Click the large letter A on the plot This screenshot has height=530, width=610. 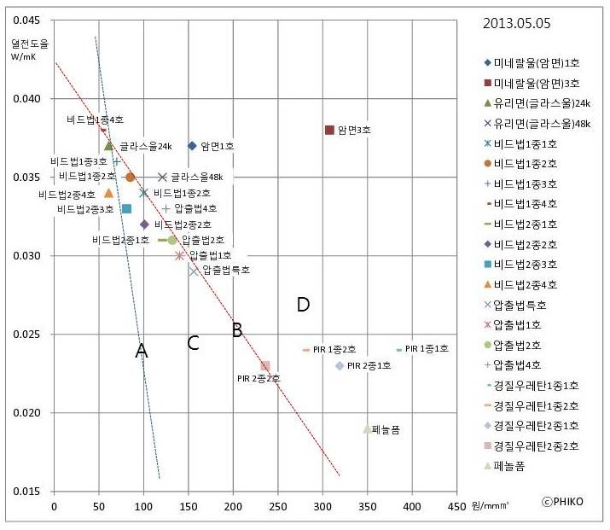point(142,351)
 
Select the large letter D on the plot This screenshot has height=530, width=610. point(302,305)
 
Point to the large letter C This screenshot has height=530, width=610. point(193,343)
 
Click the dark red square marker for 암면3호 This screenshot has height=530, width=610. point(329,130)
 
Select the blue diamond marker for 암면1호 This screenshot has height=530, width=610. point(192,146)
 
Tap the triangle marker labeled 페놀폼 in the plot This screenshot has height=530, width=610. point(367,429)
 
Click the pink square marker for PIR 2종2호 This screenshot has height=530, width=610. point(265,366)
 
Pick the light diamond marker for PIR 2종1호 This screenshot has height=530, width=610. point(340,366)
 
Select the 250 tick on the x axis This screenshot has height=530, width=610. point(278,506)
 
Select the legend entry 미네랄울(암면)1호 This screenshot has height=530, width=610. point(537,62)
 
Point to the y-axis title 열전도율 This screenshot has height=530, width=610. point(24,43)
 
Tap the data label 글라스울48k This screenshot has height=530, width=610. point(196,178)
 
